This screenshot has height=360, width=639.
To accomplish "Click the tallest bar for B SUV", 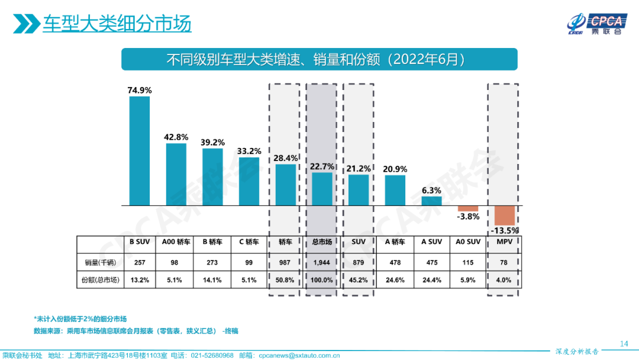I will point(140,150).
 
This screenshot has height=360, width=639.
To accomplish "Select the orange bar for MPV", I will point(505,215).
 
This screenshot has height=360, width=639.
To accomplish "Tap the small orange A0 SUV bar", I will point(468,208).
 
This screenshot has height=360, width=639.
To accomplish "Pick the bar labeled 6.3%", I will point(431,201).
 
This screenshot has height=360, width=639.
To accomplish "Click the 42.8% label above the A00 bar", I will point(176,137).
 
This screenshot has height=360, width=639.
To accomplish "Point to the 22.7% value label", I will point(322,166).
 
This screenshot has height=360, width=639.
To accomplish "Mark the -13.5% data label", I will point(505,230).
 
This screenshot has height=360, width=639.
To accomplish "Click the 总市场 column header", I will point(322,242).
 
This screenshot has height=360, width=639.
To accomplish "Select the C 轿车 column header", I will point(248,242).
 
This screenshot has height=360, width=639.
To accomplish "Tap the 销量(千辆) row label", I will point(99,262).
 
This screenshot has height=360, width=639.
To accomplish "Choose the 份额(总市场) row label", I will point(99,280).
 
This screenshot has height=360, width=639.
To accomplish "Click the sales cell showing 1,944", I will point(322,262).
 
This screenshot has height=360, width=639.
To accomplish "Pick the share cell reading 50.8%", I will point(285,280).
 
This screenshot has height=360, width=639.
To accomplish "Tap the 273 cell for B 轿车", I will point(212,262).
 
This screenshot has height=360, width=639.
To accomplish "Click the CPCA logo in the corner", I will point(595,23).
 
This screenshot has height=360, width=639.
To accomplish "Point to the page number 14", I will point(623,344).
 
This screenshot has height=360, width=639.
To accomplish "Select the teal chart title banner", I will point(319,60).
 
